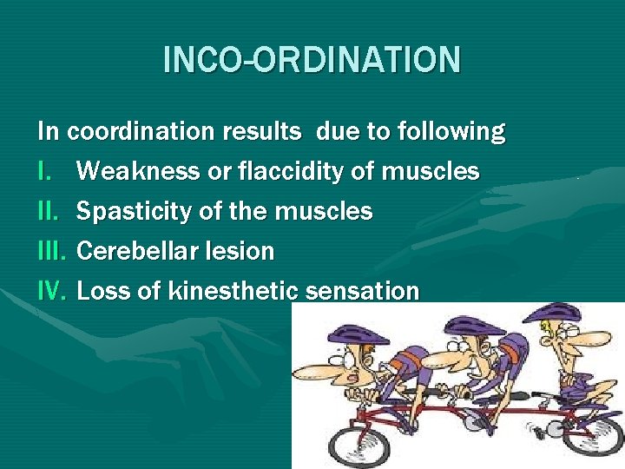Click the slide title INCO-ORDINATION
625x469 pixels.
click(x=312, y=60)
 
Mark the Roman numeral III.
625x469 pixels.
click(x=52, y=251)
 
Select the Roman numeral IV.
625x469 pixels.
click(x=52, y=291)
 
